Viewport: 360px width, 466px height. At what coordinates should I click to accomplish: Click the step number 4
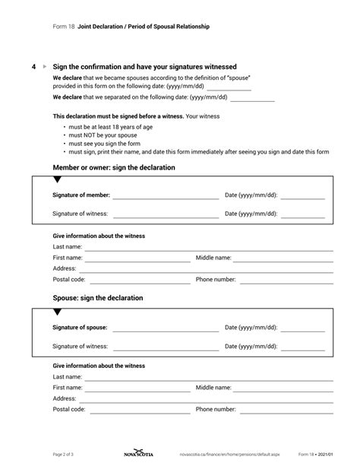click(x=34, y=68)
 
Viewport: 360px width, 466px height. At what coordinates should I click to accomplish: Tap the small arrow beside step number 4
click(x=44, y=68)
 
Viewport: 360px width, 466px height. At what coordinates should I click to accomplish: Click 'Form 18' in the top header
click(x=63, y=27)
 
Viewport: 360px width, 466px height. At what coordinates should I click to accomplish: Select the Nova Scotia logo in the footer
click(x=137, y=454)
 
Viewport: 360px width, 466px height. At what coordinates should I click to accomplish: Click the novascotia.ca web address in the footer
click(x=229, y=454)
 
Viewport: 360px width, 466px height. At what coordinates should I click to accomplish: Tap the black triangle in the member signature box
click(x=58, y=180)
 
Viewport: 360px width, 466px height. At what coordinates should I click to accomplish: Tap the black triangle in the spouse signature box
click(x=58, y=312)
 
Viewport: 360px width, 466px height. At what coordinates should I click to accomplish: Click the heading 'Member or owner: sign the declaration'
click(x=114, y=167)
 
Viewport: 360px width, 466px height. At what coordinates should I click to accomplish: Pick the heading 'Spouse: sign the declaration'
click(x=98, y=298)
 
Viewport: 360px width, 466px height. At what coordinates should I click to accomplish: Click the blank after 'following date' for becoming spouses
click(x=229, y=88)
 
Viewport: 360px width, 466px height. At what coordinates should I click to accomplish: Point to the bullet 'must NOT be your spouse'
click(x=99, y=135)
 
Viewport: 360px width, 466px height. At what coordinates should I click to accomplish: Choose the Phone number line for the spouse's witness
click(x=285, y=411)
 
